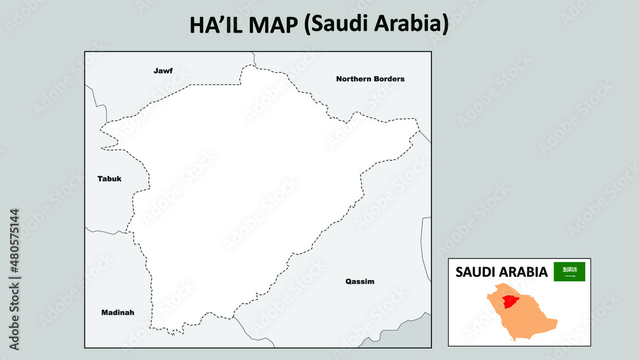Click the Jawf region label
tap(163, 70)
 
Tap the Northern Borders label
tap(370, 79)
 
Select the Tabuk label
tap(109, 178)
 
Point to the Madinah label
tap(118, 312)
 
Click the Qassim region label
tap(360, 281)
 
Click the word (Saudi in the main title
tap(335, 24)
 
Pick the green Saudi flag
tap(569, 271)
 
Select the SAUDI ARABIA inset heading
tap(501, 272)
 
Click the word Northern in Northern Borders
tap(355, 79)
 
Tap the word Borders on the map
tap(390, 79)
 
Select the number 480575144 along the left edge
tap(14, 240)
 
